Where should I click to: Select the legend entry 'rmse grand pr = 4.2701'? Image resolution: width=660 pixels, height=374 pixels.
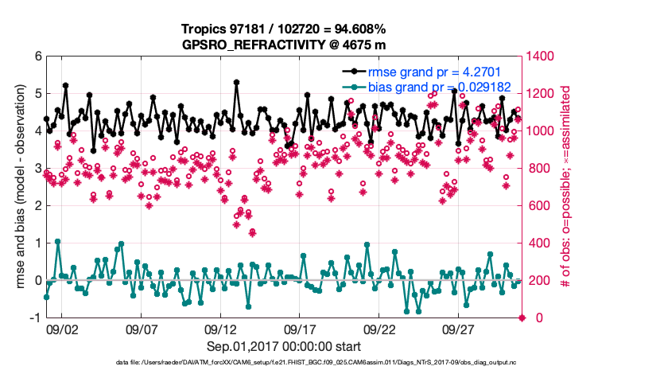pyautogui.click(x=425, y=70)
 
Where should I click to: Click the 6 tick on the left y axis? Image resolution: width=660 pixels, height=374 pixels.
pyautogui.click(x=37, y=56)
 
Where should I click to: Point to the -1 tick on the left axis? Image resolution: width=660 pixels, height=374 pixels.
pyautogui.click(x=35, y=318)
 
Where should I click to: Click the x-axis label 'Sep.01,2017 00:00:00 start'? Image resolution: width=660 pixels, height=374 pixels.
pyautogui.click(x=284, y=346)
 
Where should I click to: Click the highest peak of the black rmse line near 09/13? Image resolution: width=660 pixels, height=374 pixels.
pyautogui.click(x=237, y=82)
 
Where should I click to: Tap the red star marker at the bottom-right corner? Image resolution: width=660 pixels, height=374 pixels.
pyautogui.click(x=522, y=318)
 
